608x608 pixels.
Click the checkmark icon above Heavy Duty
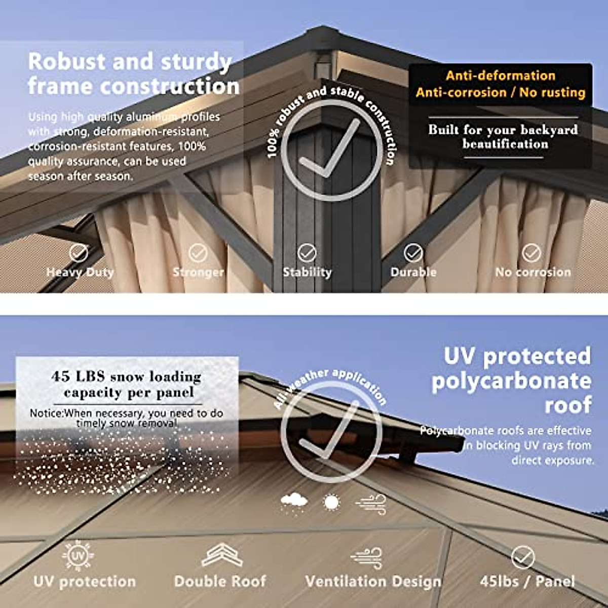79,252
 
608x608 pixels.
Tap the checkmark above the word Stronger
198,252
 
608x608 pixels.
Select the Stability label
307,272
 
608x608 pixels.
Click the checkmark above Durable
413,252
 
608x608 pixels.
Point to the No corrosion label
533,272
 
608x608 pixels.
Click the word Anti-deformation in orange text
501,75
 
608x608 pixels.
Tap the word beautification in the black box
505,144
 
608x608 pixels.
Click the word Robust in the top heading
66,62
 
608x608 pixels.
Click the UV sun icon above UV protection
78,556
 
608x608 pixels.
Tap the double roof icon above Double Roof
221,555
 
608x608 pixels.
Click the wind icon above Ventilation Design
366,557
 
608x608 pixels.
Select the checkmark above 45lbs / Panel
523,557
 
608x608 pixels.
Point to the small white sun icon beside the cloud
331,503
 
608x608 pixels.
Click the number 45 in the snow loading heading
61,376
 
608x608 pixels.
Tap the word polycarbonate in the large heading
511,381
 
